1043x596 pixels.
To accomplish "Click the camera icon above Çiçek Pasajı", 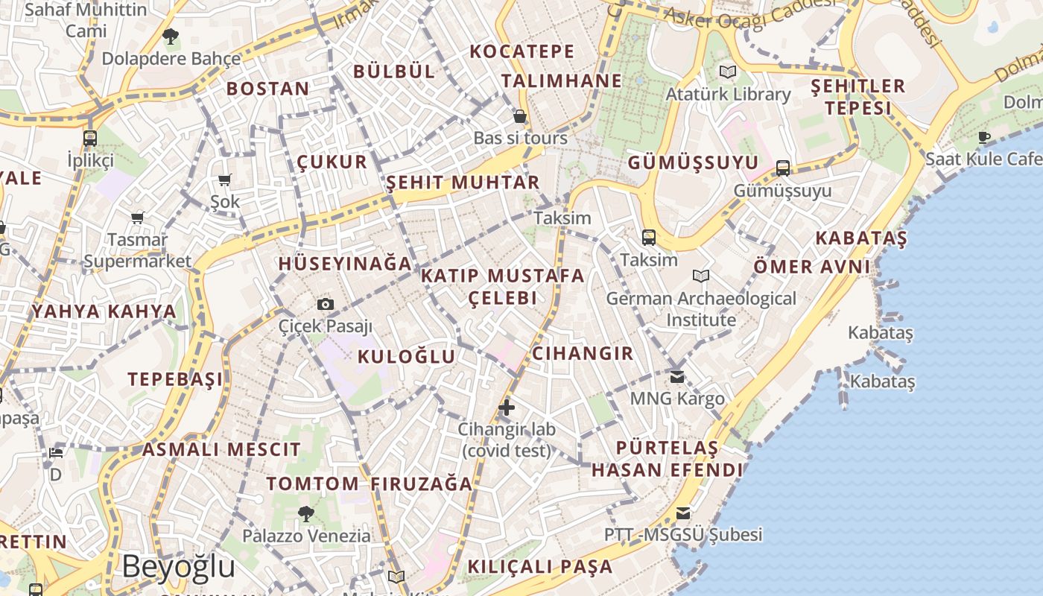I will coord(326,304).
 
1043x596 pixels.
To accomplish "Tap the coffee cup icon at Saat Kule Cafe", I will coord(984,136).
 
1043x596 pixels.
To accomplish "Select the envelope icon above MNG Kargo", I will coord(677,376).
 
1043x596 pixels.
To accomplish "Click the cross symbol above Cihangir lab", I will coord(507,407).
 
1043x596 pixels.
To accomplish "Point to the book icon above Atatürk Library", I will coord(728,72).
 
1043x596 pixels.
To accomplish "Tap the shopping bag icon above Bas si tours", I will coord(520,116).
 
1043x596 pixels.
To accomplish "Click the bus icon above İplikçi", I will coord(90,138).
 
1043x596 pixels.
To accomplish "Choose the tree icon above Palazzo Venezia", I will coord(305,513).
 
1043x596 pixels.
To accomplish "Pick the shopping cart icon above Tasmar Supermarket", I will coord(137,218).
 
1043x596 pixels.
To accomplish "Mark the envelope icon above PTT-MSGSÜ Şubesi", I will coord(682,513).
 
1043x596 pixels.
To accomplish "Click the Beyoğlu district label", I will coord(179,567).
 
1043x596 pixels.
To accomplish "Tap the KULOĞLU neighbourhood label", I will coord(406,356).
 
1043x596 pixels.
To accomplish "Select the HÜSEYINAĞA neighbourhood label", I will coord(345,264).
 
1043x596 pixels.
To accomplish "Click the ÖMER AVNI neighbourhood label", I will coord(811,267).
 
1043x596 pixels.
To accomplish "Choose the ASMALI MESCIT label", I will coord(221,450).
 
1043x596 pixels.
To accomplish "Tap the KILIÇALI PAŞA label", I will coord(539,566).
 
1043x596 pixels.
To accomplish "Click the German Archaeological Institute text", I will coord(701,309).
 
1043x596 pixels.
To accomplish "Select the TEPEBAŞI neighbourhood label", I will coord(175,379).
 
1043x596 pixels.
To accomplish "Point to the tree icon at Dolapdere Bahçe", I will coord(171,36).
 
